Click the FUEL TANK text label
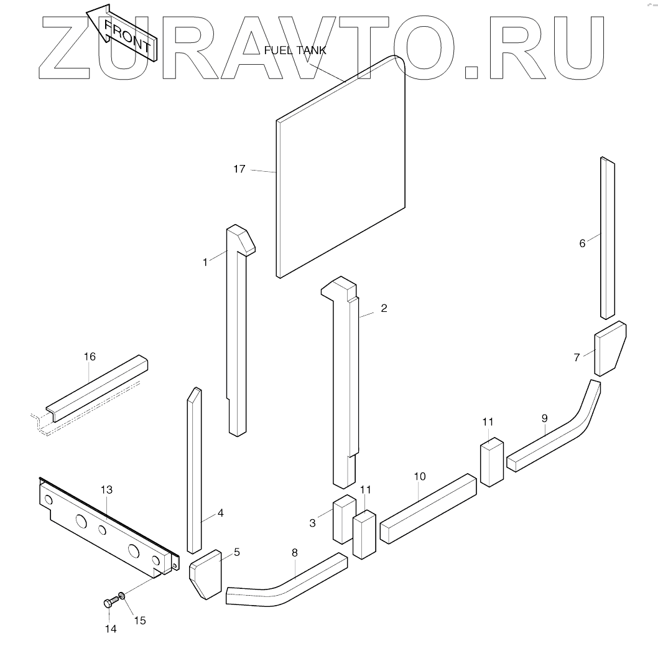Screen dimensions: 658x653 (x=295, y=50)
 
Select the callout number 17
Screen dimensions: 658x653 (x=239, y=169)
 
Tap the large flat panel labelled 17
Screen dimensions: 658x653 (x=341, y=168)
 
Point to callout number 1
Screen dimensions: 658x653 (x=205, y=262)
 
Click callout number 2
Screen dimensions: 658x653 (x=384, y=308)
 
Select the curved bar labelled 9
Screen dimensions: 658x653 (x=560, y=436)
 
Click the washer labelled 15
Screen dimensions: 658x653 (x=123, y=596)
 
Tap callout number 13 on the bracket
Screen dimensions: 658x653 (x=106, y=491)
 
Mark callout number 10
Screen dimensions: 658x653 (x=420, y=476)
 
